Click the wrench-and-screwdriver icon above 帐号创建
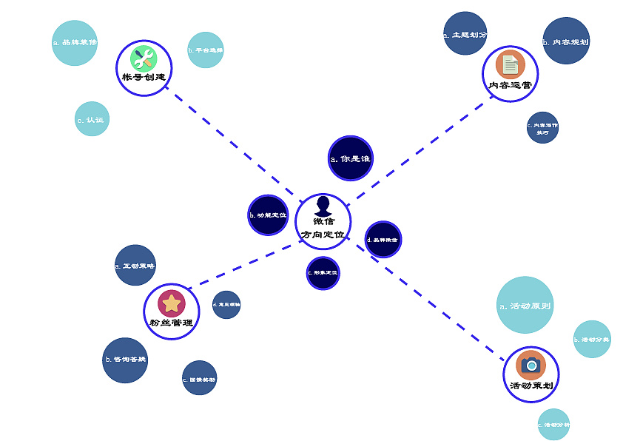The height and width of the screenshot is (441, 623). [x=144, y=58]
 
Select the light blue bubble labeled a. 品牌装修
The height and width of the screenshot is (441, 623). [x=75, y=43]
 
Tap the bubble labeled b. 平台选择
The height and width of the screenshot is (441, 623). [x=205, y=50]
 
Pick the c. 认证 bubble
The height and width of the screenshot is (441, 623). [x=92, y=119]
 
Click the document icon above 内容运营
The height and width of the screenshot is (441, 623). [x=510, y=64]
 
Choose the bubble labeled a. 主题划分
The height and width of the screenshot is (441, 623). [x=465, y=34]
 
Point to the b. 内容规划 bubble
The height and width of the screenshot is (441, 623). [x=566, y=41]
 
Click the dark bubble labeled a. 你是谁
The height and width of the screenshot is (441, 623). [x=350, y=158]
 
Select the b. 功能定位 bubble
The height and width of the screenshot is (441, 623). [x=268, y=215]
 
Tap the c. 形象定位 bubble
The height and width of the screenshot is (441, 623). [x=323, y=273]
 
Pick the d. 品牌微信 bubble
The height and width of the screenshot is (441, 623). [x=383, y=240]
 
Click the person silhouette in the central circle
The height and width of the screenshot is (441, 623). [x=323, y=206]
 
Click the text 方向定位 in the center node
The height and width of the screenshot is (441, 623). [x=323, y=235]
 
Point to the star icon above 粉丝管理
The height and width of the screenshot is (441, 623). [x=171, y=303]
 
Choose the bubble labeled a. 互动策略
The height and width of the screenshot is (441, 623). [x=135, y=266]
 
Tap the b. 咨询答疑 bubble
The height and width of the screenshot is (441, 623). [x=125, y=360]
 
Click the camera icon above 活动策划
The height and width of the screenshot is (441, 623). [x=531, y=365]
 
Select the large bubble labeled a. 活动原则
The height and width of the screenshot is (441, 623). [x=525, y=305]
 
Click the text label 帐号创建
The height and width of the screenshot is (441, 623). [x=144, y=78]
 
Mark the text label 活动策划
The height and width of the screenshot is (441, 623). [x=531, y=386]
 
